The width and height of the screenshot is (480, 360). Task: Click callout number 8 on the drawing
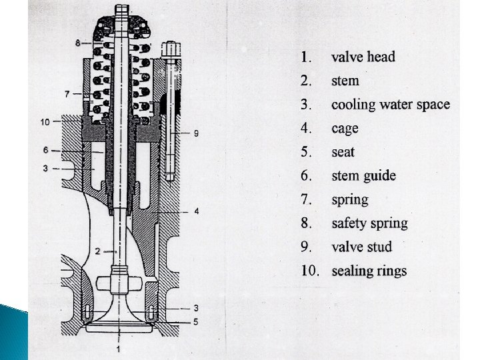pyautogui.click(x=78, y=43)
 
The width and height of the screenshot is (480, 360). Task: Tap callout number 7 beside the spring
pyautogui.click(x=67, y=94)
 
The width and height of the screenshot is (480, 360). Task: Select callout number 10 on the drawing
pyautogui.click(x=45, y=122)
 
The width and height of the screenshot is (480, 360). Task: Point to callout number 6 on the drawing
pyautogui.click(x=45, y=151)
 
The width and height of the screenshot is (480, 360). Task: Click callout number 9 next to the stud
pyautogui.click(x=195, y=133)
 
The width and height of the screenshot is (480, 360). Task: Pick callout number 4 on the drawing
pyautogui.click(x=196, y=211)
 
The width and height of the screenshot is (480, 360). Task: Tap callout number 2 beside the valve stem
pyautogui.click(x=97, y=251)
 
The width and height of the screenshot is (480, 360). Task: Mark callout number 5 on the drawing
pyautogui.click(x=195, y=321)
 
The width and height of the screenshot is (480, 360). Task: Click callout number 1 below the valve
pyautogui.click(x=118, y=348)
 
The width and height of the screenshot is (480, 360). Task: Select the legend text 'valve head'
pyautogui.click(x=363, y=57)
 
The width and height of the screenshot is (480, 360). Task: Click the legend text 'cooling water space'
pyautogui.click(x=390, y=105)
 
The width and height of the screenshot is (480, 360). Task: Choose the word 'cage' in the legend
pyautogui.click(x=345, y=128)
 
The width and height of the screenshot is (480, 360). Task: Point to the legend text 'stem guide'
pyautogui.click(x=363, y=176)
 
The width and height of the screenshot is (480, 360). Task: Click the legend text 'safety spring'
pyautogui.click(x=369, y=223)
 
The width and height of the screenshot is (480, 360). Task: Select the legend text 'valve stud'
pyautogui.click(x=361, y=247)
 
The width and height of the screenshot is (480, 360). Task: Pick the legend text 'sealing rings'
pyautogui.click(x=369, y=271)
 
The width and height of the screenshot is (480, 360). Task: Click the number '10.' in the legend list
pyautogui.click(x=308, y=271)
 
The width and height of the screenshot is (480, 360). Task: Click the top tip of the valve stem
pyautogui.click(x=121, y=9)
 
